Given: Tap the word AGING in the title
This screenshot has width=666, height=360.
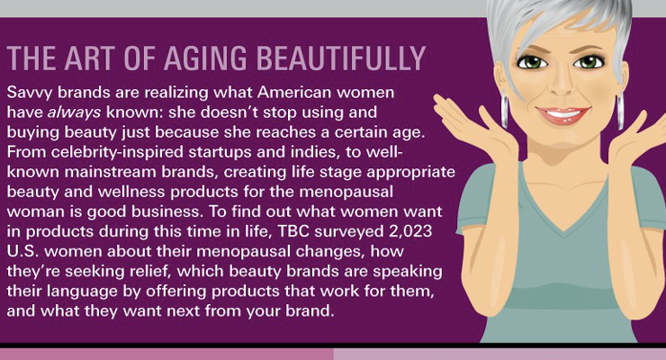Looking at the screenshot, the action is click(x=204, y=58).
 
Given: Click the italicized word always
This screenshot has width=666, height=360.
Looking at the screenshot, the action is click(x=74, y=112).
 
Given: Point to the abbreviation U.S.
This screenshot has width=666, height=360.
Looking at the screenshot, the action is click(x=22, y=251).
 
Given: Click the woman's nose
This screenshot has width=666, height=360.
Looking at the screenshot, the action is click(x=562, y=85).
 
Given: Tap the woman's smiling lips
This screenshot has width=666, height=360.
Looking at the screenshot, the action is click(x=562, y=115).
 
